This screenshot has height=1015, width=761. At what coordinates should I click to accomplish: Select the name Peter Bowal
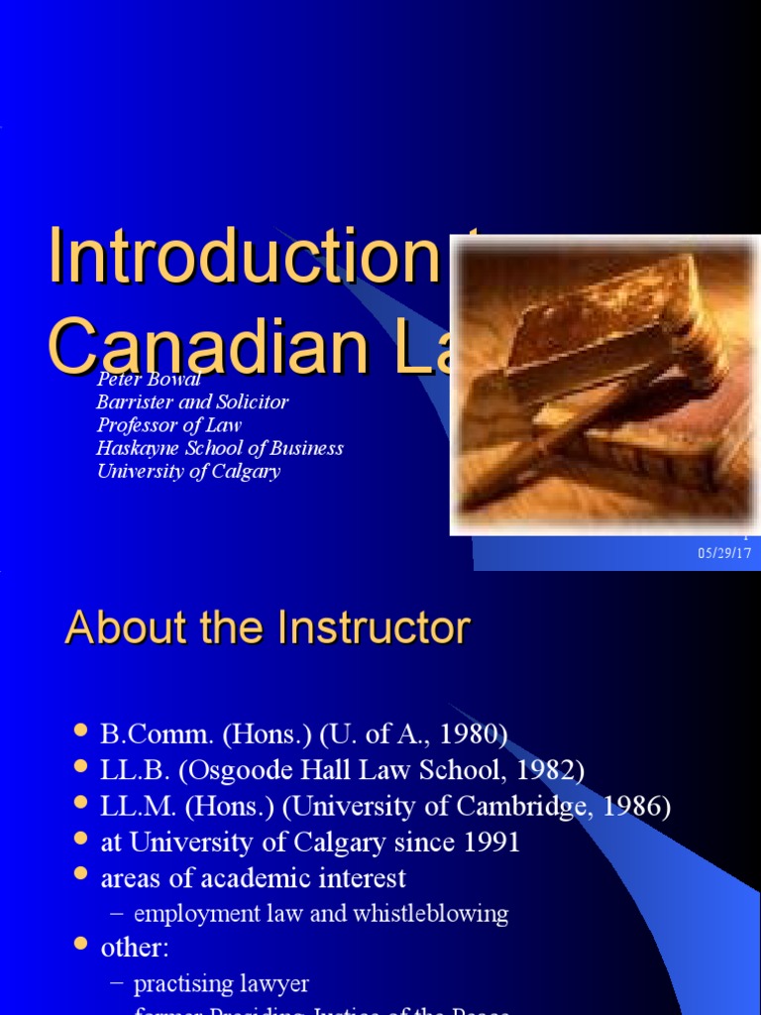(149, 380)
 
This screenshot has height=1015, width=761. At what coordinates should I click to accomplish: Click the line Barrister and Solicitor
(192, 402)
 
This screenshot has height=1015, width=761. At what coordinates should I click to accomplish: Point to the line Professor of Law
(168, 425)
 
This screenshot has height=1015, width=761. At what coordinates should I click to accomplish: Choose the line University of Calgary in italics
(188, 471)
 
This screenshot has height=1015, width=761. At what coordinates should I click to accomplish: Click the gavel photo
(604, 386)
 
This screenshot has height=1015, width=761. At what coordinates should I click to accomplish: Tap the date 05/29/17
(724, 553)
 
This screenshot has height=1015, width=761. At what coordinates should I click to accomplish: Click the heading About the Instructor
(267, 628)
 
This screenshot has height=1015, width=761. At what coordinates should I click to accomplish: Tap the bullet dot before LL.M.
(81, 805)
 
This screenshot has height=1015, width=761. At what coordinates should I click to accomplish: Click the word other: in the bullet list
(135, 948)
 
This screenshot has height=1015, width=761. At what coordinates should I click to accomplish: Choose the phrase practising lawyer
(221, 984)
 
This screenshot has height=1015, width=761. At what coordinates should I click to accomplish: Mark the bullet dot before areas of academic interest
(81, 876)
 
